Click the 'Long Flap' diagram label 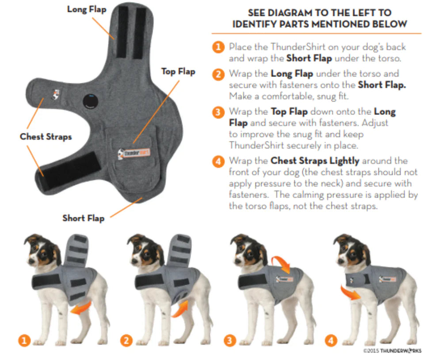[87, 9]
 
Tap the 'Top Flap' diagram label [178, 71]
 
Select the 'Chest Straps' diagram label [46, 136]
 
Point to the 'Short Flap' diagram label [83, 218]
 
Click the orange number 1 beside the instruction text [218, 47]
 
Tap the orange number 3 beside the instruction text [218, 112]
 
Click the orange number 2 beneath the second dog [126, 340]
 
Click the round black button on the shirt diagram [91, 100]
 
